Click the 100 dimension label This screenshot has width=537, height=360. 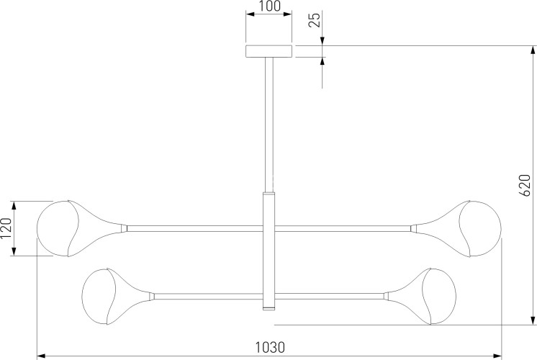pos(268,6)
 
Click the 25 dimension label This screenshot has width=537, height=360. pos(315,19)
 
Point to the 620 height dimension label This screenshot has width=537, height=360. pos(525,185)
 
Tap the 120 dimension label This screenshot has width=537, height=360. pos(6,228)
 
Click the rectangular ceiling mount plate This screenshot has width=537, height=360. pos(268,51)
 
